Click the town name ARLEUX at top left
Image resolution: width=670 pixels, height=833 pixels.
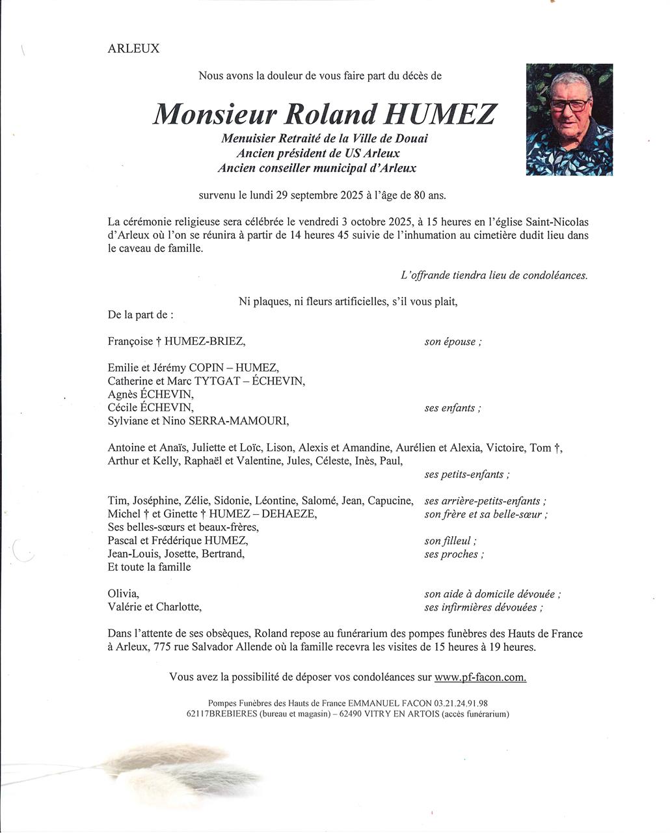[x=133, y=49]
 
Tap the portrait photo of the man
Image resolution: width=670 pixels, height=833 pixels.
[x=569, y=119]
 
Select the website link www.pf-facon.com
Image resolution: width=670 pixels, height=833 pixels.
[x=480, y=677]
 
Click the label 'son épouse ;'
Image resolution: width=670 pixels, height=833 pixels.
[x=453, y=342]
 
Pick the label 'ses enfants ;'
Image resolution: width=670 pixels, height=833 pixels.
[x=453, y=408]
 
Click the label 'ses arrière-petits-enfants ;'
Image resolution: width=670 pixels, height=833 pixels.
[x=485, y=501]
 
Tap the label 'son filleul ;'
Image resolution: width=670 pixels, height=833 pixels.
[x=450, y=541]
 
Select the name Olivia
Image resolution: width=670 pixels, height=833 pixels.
[x=123, y=594]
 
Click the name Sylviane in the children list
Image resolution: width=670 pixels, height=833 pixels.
[x=129, y=421]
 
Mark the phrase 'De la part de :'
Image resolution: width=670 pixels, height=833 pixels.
[x=141, y=315]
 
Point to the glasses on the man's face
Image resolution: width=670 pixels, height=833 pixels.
[x=570, y=103]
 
